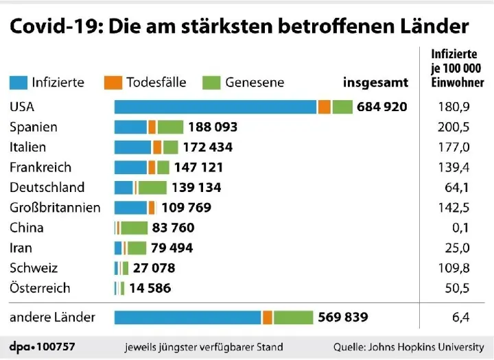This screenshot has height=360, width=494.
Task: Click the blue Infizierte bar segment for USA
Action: [215, 107]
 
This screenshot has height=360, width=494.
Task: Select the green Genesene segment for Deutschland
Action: [152, 187]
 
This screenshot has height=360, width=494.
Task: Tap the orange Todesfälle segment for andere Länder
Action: [268, 317]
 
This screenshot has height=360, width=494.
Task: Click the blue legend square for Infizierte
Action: [18, 82]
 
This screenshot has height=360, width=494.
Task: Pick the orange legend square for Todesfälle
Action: [113, 82]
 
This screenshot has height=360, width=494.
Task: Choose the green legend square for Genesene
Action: [211, 82]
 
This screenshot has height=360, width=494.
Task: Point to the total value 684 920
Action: [382, 107]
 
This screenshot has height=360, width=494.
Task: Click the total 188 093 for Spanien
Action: [213, 127]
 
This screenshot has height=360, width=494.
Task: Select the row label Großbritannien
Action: [55, 207]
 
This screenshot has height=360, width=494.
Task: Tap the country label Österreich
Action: [40, 288]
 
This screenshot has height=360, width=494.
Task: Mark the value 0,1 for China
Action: [460, 228]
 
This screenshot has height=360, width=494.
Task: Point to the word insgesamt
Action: [375, 82]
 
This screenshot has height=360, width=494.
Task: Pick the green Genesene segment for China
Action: [134, 228]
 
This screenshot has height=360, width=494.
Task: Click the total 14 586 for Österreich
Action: [150, 288]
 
